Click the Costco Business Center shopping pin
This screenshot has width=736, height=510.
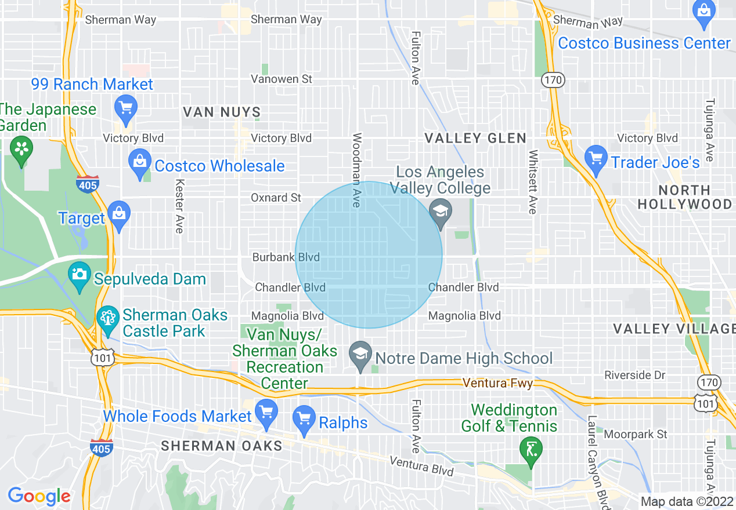703,13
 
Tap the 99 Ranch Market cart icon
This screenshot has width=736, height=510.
126,108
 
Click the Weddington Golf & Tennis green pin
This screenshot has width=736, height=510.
531,450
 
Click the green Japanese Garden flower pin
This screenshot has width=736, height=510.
21,150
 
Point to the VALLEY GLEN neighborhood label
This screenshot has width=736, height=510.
475,138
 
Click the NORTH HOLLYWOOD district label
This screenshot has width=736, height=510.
685,197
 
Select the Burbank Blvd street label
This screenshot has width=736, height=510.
286,257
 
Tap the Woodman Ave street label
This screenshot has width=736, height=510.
356,170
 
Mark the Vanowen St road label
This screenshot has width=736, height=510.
282,79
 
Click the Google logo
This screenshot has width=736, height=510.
39,496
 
